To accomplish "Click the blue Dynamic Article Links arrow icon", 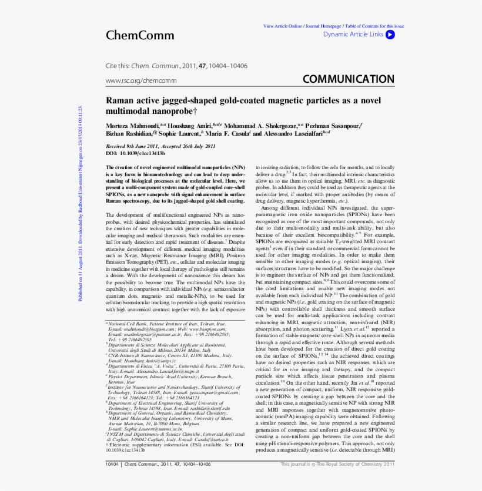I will coord(390,34).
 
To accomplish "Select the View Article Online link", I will coord(283,26).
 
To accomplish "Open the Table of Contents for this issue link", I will coord(374,26).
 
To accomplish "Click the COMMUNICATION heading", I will coord(349,79).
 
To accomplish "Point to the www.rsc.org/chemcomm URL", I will coord(141,80).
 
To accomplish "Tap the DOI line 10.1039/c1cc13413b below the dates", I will coord(135,153).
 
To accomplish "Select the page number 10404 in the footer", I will coord(112,464).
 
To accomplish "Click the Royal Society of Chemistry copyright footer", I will coord(337,464).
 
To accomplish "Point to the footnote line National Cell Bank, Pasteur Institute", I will coord(167,324).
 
